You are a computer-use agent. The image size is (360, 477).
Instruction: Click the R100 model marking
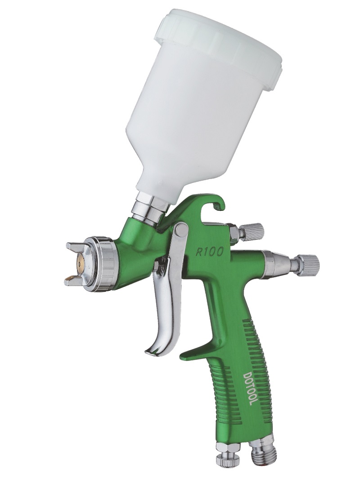(x=209, y=251)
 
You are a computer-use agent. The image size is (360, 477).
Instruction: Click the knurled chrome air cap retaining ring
(x=100, y=262)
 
